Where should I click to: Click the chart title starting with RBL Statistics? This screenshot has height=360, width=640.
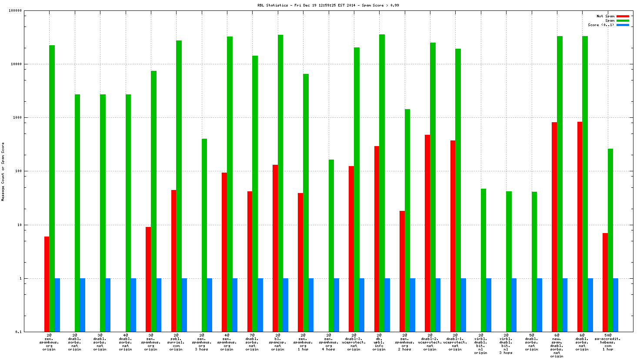(328, 5)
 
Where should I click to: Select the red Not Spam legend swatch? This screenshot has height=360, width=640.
(623, 16)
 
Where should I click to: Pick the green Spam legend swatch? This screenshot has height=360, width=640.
(623, 20)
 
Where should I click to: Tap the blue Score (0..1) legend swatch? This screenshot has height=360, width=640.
(623, 25)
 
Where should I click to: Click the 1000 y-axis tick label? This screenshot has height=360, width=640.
(17, 118)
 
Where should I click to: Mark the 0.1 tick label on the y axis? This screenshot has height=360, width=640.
(19, 332)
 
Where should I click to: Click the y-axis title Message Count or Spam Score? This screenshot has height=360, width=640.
(3, 171)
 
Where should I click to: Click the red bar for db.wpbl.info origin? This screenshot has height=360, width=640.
(377, 239)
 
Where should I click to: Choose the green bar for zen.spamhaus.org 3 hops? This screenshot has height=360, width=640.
(204, 235)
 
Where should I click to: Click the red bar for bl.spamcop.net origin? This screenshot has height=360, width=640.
(275, 248)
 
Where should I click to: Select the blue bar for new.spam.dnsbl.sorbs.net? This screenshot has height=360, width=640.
(565, 305)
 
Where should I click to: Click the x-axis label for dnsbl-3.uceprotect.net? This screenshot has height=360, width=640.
(354, 342)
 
